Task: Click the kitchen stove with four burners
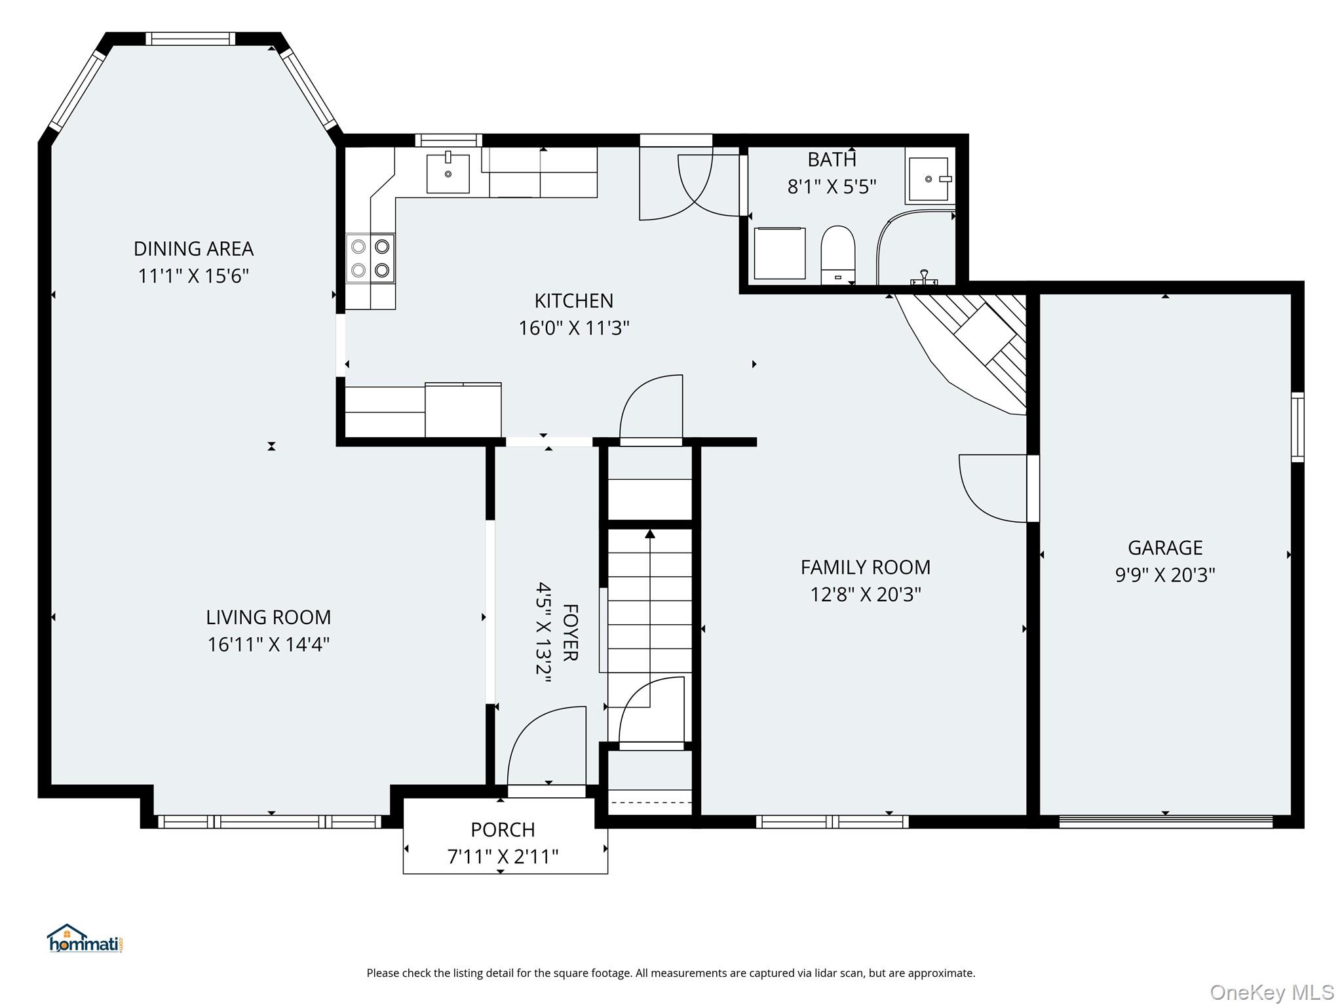pos(370,258)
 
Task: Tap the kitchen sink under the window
pos(448,173)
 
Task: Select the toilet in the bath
pos(838,256)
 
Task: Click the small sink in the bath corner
pos(929,179)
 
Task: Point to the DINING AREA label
pos(193,249)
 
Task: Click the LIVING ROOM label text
pos(269,618)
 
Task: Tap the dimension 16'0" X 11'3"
pos(574,328)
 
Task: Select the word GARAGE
pos(1165,547)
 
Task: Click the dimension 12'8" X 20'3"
pos(866,595)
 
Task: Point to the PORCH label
pos(503,830)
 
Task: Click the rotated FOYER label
pos(570,633)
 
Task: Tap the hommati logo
pos(85,938)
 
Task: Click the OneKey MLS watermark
pos(1272,993)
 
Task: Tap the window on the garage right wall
pos(1297,427)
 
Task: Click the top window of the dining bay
pos(190,39)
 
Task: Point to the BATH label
pos(832,159)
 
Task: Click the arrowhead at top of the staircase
pos(650,534)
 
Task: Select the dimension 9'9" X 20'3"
pos(1165,575)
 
